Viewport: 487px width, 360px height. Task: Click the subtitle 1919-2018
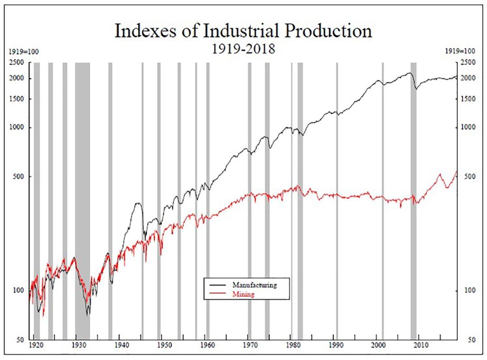(243, 49)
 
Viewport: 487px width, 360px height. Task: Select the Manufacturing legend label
(254, 285)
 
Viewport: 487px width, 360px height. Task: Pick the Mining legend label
(243, 295)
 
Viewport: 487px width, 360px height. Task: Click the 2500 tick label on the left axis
(17, 63)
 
